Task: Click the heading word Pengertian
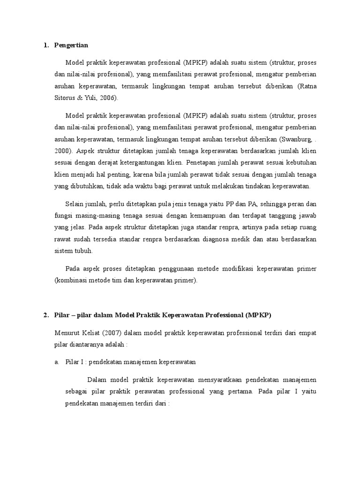click(x=71, y=45)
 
